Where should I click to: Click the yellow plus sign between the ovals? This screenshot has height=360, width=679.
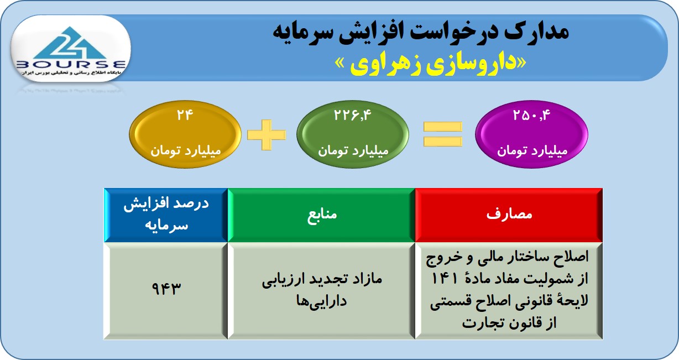tap(267, 135)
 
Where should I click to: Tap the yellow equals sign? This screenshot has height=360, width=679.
tap(443, 134)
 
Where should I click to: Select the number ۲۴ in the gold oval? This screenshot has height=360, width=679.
tap(185, 115)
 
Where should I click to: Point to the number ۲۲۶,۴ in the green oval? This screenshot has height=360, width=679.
tap(353, 115)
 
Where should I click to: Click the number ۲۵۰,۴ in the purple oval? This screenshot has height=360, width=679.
tap(531, 115)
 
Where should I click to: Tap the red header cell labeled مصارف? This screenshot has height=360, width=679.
tap(509, 215)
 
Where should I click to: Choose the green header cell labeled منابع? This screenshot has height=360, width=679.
tap(321, 215)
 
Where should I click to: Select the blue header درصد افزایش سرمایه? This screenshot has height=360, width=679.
tap(166, 215)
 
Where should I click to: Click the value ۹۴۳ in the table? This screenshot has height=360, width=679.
tap(166, 288)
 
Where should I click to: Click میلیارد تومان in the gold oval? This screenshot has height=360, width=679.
tap(185, 151)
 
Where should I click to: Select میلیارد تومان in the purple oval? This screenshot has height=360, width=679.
tap(532, 151)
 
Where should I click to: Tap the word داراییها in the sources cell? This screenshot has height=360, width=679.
tap(321, 301)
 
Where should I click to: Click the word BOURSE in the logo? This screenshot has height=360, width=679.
tap(71, 64)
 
